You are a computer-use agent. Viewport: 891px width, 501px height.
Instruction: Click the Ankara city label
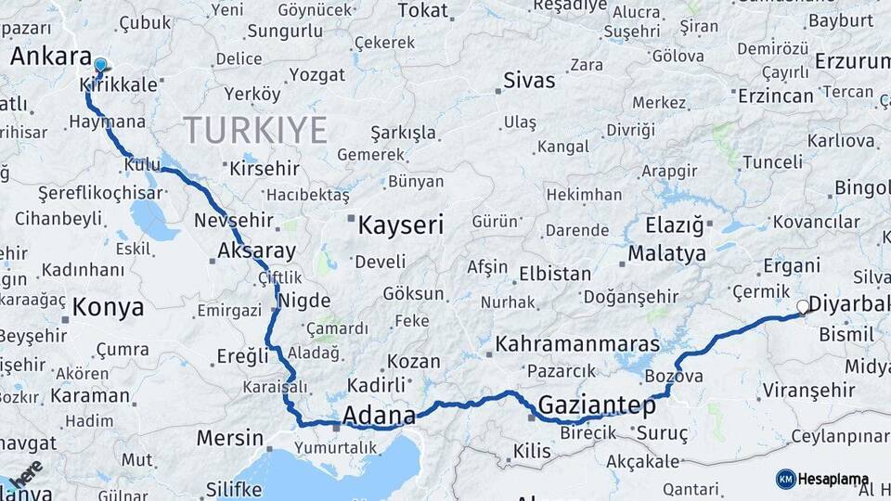tap(50, 57)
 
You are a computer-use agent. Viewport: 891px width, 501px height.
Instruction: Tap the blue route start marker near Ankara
tap(100, 65)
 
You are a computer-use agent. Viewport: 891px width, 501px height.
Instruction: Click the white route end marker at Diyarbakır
tap(803, 306)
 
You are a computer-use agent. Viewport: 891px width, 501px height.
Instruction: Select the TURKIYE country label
tap(255, 129)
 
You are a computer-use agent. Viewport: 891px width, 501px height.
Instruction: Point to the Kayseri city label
tap(401, 225)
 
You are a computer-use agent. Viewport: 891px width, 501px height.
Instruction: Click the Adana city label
tap(379, 415)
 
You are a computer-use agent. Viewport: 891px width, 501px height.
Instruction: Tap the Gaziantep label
tap(597, 405)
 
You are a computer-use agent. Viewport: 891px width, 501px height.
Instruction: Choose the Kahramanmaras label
tap(577, 343)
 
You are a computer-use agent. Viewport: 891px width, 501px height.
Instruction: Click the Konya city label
tap(108, 307)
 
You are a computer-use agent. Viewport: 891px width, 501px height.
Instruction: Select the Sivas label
tap(529, 80)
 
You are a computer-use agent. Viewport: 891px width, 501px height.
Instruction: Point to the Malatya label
tap(666, 252)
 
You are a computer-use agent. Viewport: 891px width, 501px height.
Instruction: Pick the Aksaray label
tap(256, 250)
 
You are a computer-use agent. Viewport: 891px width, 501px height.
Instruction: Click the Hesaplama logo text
tap(833, 480)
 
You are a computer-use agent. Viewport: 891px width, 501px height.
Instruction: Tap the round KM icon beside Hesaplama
tap(786, 480)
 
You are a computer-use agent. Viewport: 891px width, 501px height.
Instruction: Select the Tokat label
tap(422, 10)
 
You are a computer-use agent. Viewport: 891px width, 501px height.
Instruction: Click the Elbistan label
tap(555, 274)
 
